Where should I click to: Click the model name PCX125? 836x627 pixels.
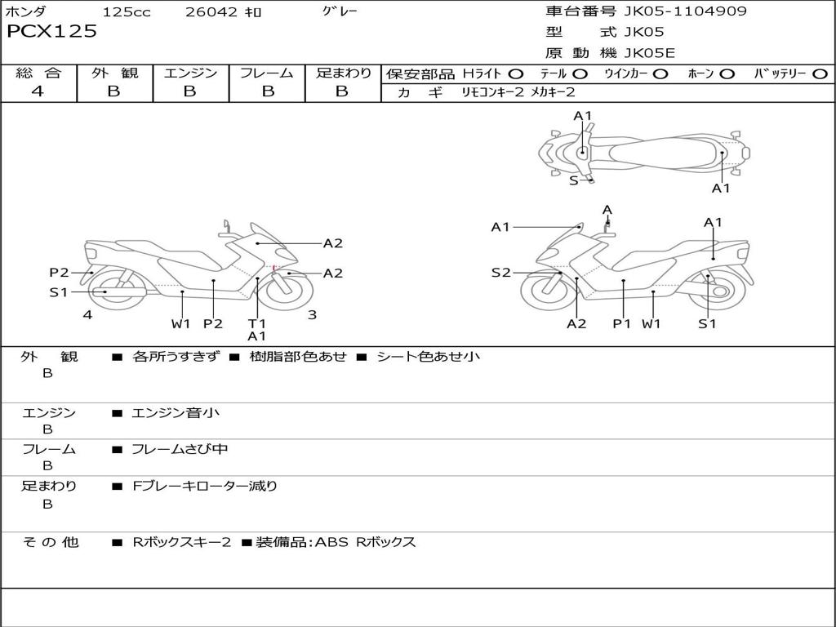[x=51, y=32]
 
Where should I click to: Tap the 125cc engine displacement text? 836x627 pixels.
[x=127, y=12]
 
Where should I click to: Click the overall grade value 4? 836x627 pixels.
[x=38, y=91]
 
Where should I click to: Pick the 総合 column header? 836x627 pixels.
[x=38, y=73]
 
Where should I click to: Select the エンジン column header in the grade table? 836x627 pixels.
[x=190, y=73]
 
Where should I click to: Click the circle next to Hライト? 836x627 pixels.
[x=516, y=74]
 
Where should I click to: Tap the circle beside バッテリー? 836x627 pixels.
[x=820, y=74]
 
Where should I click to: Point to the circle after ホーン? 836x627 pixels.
[x=727, y=74]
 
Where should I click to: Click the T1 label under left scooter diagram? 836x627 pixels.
[x=257, y=323]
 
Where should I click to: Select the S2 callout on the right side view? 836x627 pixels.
[x=500, y=273]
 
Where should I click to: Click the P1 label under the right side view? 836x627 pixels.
[x=622, y=324]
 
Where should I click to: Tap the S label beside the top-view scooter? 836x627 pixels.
[x=573, y=180]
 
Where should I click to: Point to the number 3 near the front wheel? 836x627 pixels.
[x=312, y=314]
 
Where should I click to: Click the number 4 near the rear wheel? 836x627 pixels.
[x=87, y=314]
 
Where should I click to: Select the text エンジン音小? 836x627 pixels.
[x=176, y=413]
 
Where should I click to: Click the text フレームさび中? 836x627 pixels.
[x=180, y=450]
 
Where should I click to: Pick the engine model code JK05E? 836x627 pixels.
[x=650, y=53]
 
